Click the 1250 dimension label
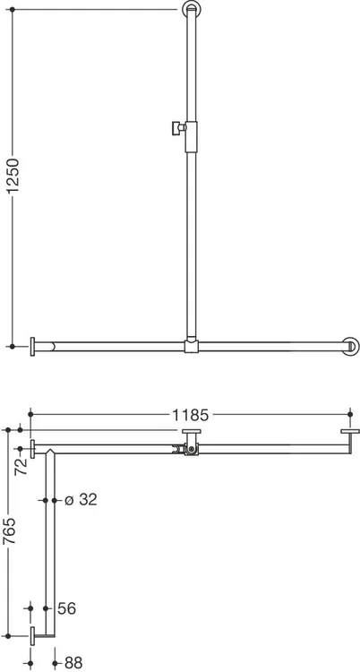click(13, 177)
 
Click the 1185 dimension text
click(190, 415)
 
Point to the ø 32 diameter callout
click(81, 500)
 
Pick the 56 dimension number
click(67, 608)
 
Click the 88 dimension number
click(73, 662)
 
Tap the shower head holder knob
click(177, 128)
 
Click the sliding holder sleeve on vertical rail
click(191, 137)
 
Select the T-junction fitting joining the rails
click(191, 346)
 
